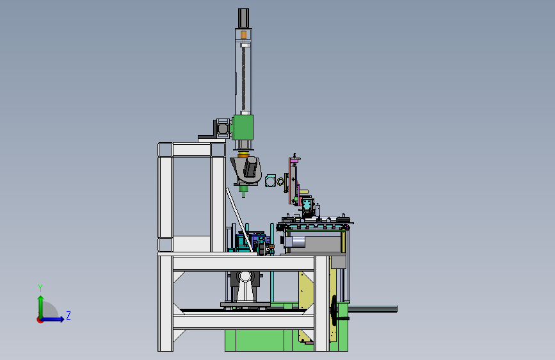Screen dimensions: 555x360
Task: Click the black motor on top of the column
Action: [x=243, y=18]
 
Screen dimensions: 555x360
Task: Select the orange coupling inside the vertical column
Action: [x=243, y=35]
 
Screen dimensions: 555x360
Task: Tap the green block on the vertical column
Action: [x=243, y=127]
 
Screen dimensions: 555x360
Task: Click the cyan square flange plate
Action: [x=270, y=181]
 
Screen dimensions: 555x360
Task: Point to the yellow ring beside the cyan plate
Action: [x=280, y=182]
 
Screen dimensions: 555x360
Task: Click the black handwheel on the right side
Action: [x=334, y=310]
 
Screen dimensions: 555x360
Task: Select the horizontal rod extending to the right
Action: [x=373, y=309]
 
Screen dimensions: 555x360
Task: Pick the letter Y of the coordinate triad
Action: [x=40, y=288]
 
